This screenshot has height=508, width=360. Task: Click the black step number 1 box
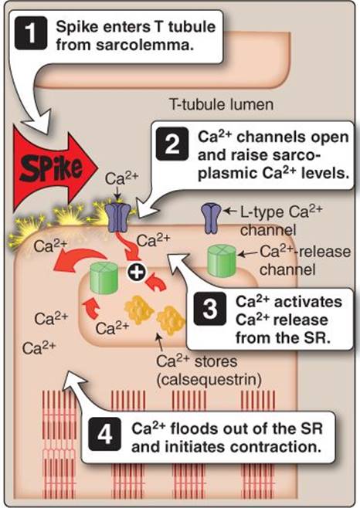(x=31, y=33)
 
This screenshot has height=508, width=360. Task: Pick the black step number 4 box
(x=105, y=434)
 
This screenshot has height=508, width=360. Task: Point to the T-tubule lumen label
(x=221, y=105)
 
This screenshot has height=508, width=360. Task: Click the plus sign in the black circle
(x=137, y=273)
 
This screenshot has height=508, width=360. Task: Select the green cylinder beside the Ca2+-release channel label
(x=222, y=261)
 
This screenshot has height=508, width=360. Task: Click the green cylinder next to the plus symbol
(x=104, y=278)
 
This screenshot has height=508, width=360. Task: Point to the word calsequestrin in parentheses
(x=209, y=380)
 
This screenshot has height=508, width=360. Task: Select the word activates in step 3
(x=308, y=303)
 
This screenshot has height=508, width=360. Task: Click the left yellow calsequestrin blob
(x=139, y=310)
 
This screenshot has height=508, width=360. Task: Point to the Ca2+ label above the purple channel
(x=121, y=178)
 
